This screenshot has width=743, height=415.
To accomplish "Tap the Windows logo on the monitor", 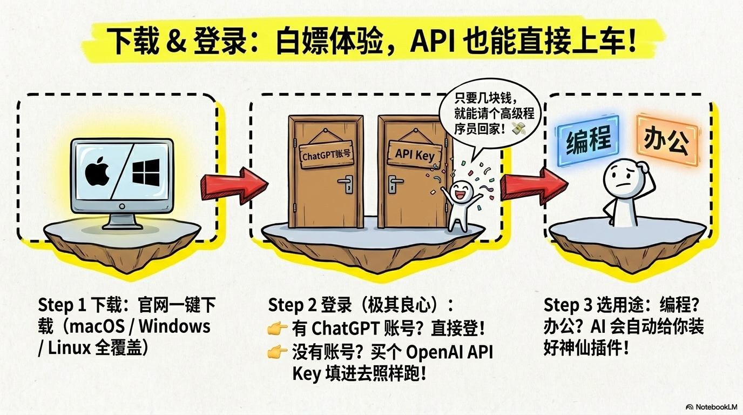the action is click(x=146, y=172).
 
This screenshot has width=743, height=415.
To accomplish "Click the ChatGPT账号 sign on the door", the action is click(x=326, y=155).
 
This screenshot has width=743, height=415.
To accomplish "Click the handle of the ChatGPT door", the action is click(x=346, y=184).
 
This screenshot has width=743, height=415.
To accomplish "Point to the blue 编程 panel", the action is click(x=588, y=141).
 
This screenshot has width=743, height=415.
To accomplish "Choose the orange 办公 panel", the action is click(x=667, y=140).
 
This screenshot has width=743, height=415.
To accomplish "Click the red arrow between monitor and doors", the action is click(x=234, y=185).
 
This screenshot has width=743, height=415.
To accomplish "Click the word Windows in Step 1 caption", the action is click(x=174, y=326).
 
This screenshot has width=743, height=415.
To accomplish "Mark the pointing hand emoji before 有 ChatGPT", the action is click(x=278, y=329).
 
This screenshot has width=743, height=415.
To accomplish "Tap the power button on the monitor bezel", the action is click(x=122, y=206).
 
